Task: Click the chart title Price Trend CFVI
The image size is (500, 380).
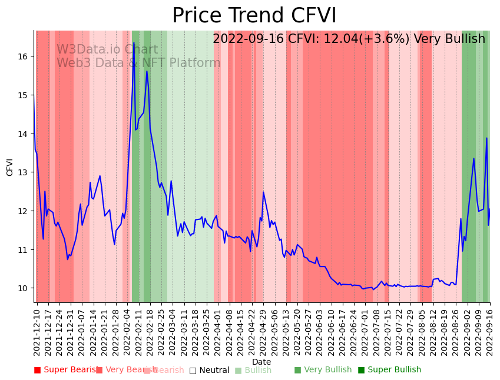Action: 254,16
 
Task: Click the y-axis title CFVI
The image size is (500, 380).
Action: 10,167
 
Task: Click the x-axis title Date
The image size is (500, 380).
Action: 261,362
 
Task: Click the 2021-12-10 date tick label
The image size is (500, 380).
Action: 37,332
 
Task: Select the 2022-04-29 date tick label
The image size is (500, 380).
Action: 263,332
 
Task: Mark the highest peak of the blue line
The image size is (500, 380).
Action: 134,42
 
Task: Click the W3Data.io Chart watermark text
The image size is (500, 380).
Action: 107,50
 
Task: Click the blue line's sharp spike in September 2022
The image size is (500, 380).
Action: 486,138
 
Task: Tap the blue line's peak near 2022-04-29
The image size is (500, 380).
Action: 263,192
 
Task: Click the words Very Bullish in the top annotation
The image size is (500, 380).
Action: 449,39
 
